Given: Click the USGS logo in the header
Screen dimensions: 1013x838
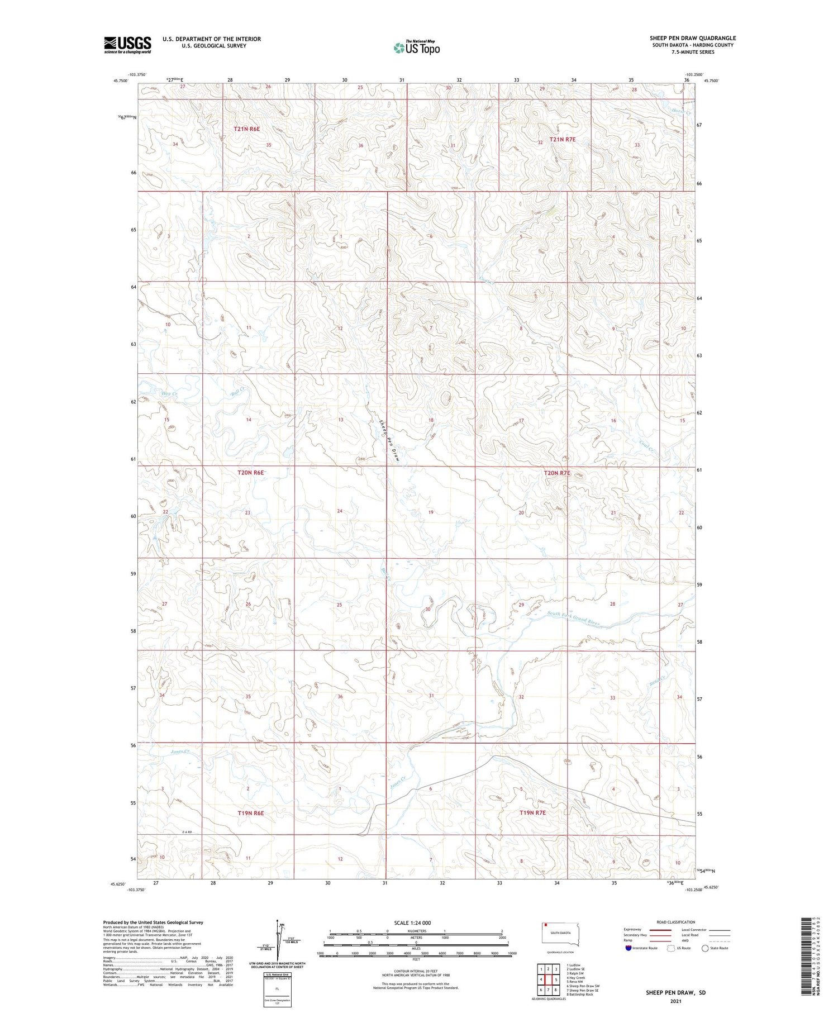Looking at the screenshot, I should (x=127, y=45).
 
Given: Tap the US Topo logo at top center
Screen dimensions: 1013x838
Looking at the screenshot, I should (x=416, y=48).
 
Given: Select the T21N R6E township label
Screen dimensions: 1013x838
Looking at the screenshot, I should (x=246, y=129).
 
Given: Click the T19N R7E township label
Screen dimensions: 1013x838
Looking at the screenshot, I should (x=532, y=812).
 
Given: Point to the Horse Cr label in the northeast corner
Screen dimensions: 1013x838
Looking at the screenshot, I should (x=684, y=112).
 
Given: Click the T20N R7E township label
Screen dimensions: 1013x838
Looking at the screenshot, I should (x=557, y=473).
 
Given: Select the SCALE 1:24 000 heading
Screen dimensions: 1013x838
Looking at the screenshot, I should (x=412, y=922).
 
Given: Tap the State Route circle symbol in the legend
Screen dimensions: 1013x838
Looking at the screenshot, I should (x=706, y=948).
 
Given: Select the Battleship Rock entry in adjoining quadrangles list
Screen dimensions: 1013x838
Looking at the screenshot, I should (x=579, y=995).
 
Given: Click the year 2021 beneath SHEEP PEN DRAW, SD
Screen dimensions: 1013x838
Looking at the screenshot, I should (x=675, y=1001).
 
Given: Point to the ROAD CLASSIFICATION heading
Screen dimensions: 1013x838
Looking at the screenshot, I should (x=676, y=922).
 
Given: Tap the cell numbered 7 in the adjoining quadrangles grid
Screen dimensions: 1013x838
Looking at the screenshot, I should (x=548, y=990).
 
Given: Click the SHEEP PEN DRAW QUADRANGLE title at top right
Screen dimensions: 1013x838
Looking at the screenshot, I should (x=692, y=38).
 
